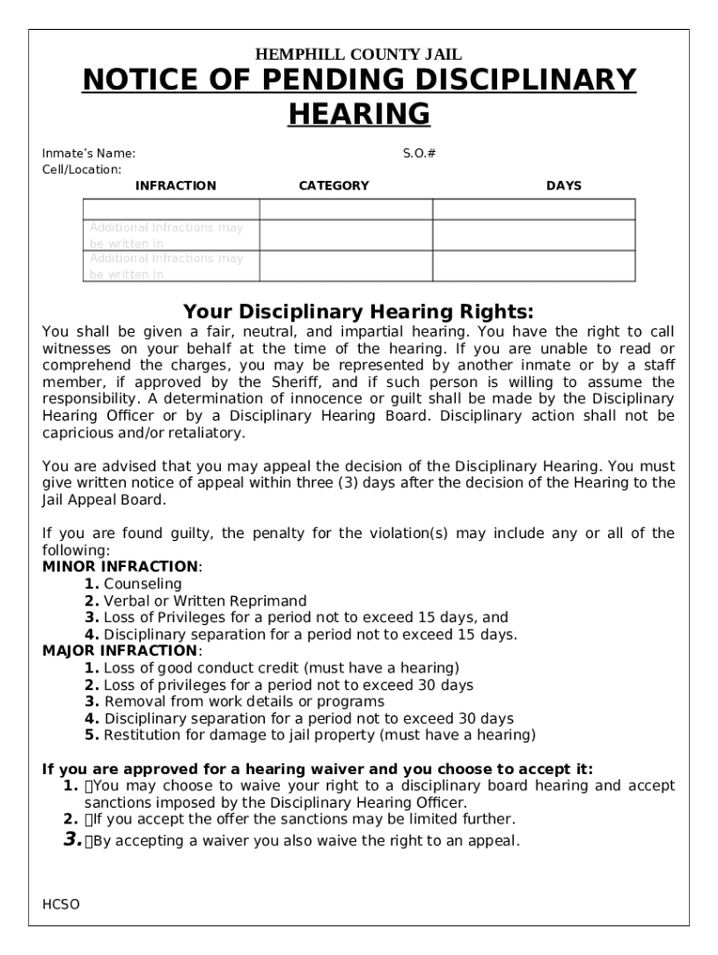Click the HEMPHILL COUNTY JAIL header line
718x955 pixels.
point(359,55)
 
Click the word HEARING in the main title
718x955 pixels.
point(359,114)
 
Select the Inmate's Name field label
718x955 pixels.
point(89,153)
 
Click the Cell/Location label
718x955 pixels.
point(82,170)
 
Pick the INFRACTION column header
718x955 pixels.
point(175,186)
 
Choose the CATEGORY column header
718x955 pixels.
point(333,186)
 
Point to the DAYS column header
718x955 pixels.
point(563,186)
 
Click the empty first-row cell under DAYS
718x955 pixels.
point(533,209)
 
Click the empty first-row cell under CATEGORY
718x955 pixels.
point(345,209)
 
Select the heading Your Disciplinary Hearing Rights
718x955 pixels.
point(359,311)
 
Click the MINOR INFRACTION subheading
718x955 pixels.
point(120,567)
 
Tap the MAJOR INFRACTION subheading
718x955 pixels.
point(120,651)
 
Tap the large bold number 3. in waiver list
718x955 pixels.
point(73,839)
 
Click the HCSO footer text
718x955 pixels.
point(61,905)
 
